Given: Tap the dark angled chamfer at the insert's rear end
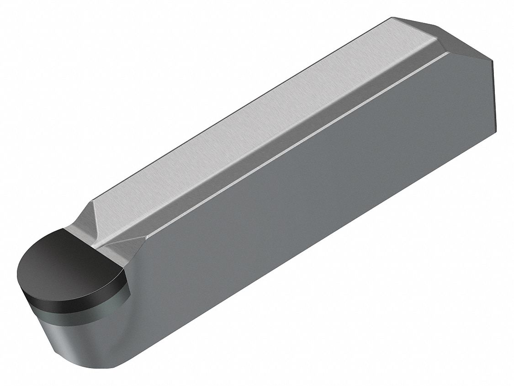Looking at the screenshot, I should [461, 43].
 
